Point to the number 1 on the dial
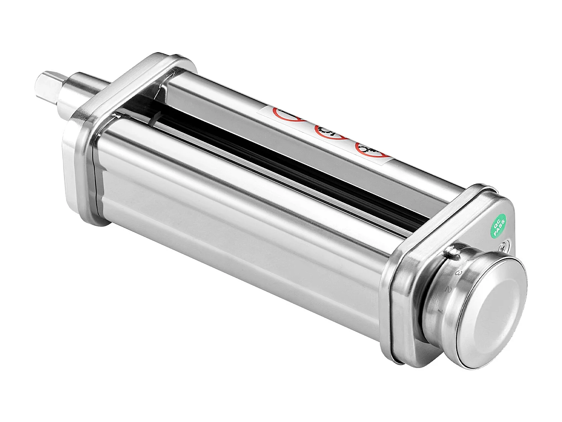441,311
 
